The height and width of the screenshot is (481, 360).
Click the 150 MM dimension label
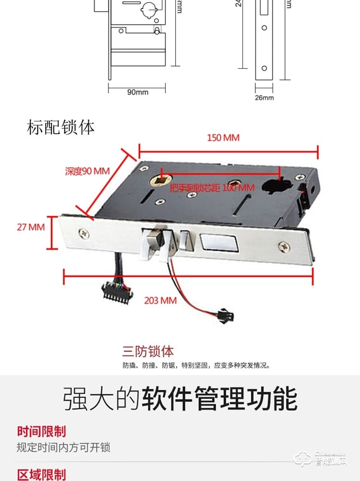[x=223, y=138]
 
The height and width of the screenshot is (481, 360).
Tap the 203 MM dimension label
[x=160, y=301]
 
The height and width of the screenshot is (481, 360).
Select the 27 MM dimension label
[x=31, y=227]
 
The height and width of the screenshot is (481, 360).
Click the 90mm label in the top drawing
[x=138, y=92]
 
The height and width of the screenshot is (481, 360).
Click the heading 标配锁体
[x=61, y=128]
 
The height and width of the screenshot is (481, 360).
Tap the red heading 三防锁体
[x=148, y=351]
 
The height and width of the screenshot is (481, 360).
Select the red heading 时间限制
[x=41, y=431]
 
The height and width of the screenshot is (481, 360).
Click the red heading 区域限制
[x=41, y=475]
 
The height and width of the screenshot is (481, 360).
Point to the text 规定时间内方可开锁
[x=63, y=447]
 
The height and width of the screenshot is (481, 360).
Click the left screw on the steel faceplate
[x=84, y=233]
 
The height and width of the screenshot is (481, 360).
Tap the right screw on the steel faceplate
[x=284, y=246]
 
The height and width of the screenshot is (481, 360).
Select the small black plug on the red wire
[x=225, y=315]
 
